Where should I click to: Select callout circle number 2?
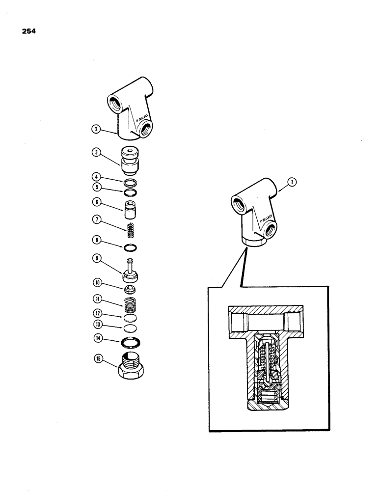pyautogui.click(x=96, y=130)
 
